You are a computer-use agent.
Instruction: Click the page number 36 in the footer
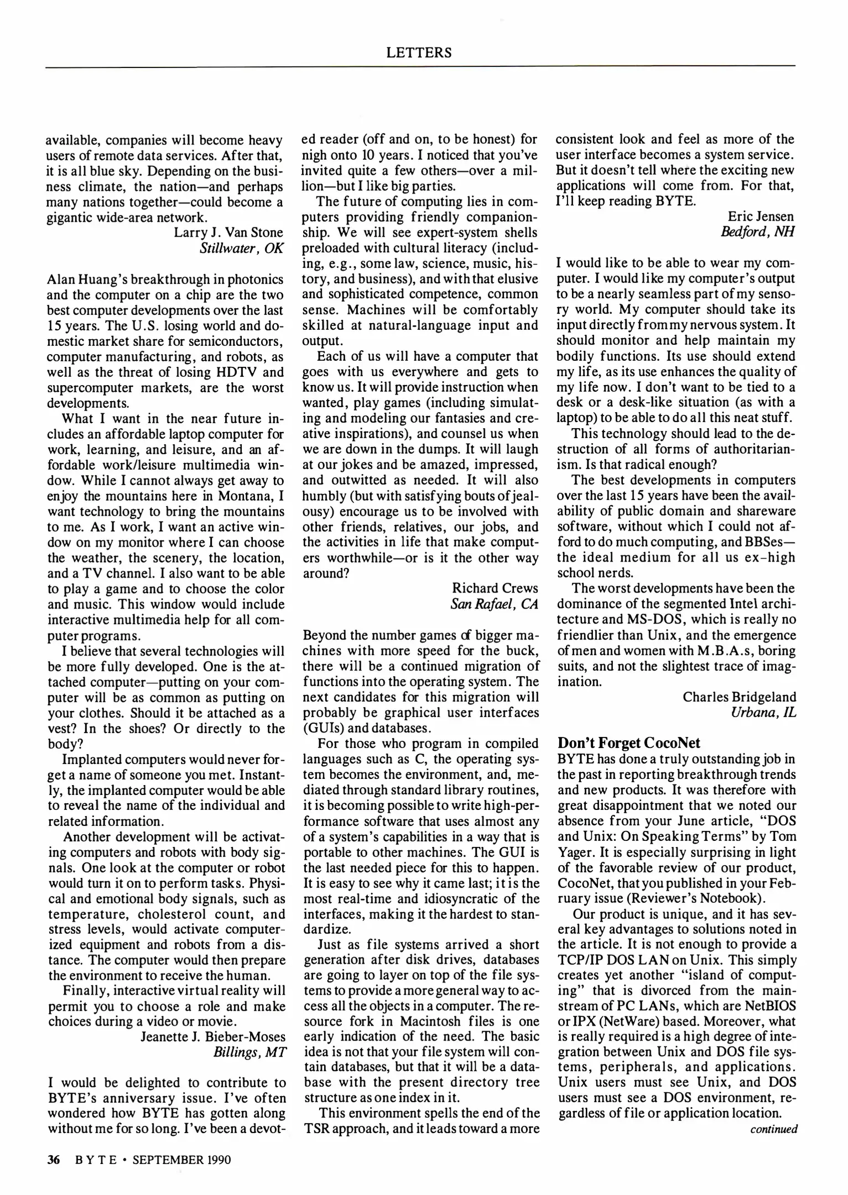53,1160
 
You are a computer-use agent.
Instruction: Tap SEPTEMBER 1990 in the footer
181,1160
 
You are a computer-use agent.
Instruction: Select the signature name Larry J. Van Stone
228,232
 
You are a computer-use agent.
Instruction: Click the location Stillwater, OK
242,247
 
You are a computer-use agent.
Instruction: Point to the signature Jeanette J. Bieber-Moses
213,1036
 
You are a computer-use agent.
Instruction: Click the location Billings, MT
249,1052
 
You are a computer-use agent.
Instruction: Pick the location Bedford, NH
757,231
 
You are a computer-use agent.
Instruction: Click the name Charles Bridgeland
740,697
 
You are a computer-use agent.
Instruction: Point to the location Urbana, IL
763,712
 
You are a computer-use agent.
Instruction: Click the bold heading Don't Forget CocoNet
628,742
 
